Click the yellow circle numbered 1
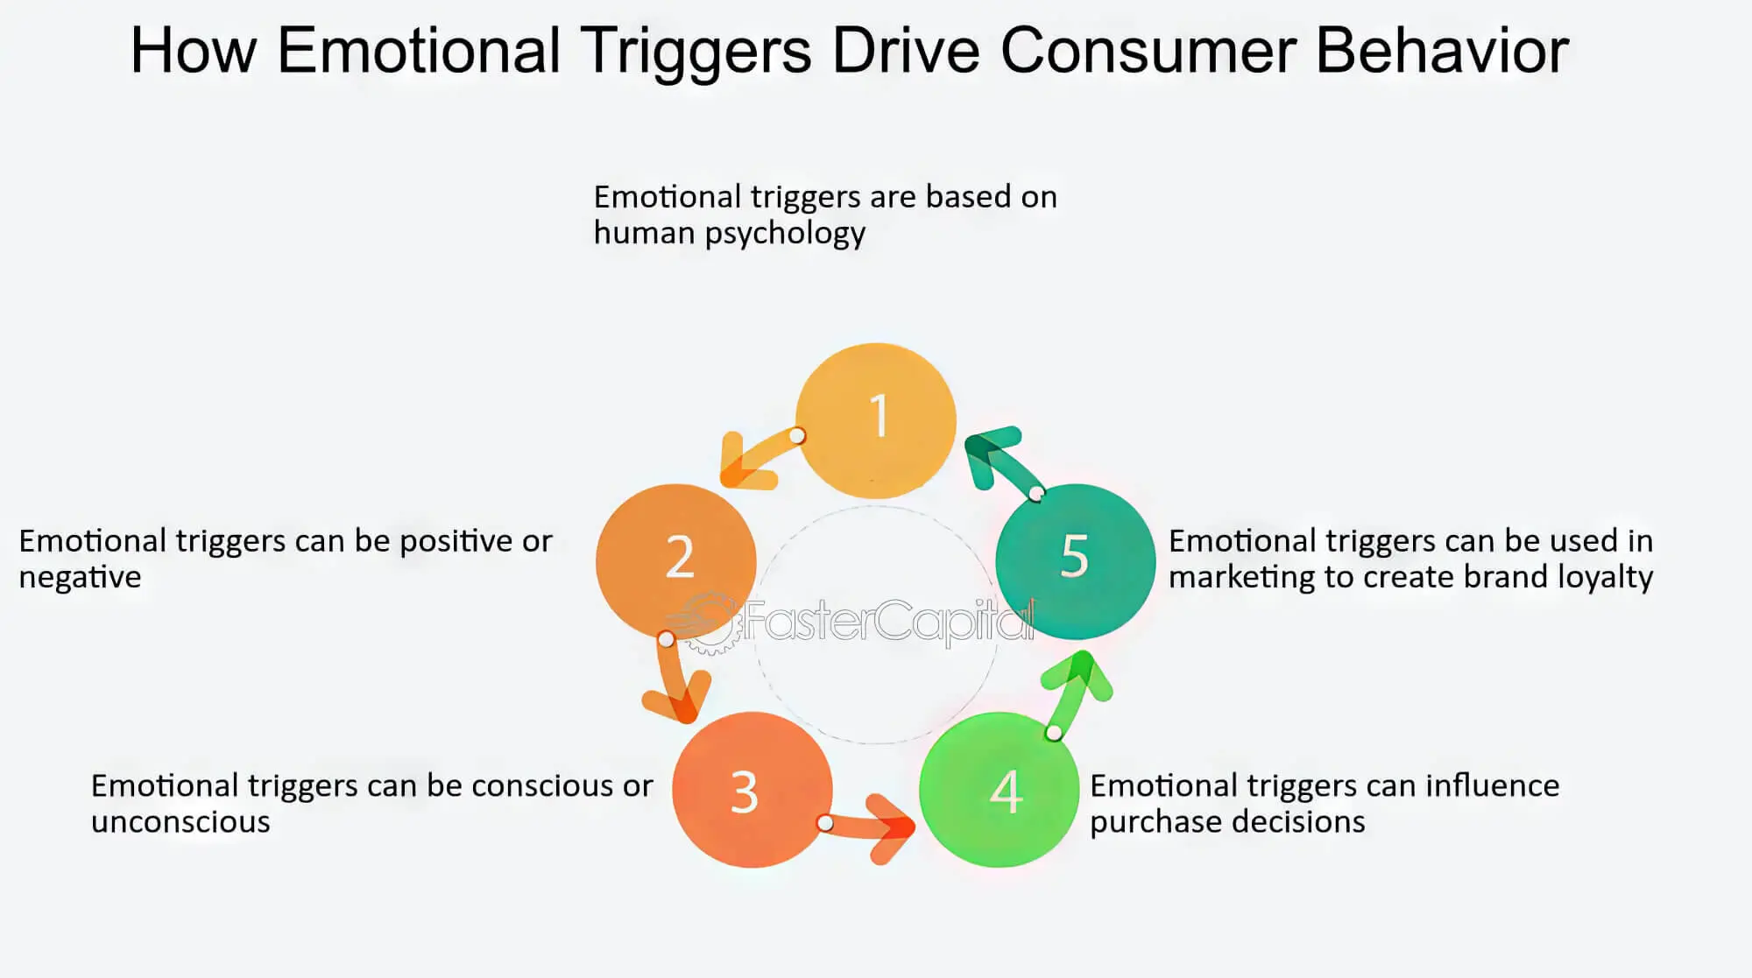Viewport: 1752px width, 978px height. coord(876,420)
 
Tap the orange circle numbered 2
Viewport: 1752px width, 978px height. coord(675,560)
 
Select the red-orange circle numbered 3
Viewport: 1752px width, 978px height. coord(752,790)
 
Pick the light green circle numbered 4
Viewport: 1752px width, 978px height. coord(999,790)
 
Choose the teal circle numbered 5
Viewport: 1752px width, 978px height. coord(1076,560)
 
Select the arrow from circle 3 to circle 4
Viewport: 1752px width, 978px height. coord(872,827)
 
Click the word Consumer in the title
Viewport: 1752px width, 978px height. coord(1147,51)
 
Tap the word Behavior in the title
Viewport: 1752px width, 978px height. coord(1442,51)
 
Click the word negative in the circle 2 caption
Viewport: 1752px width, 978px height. coord(80,578)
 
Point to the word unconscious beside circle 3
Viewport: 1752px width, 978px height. coord(180,822)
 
